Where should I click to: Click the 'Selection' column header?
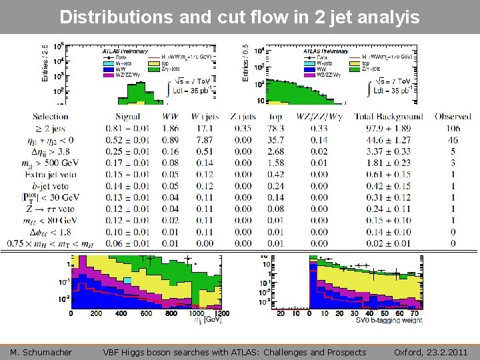click(50, 116)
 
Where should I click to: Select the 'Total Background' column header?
click(388, 116)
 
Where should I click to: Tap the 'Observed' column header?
click(453, 116)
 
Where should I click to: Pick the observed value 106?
click(453, 128)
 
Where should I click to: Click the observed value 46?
click(453, 140)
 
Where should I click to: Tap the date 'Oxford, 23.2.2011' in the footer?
click(431, 352)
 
